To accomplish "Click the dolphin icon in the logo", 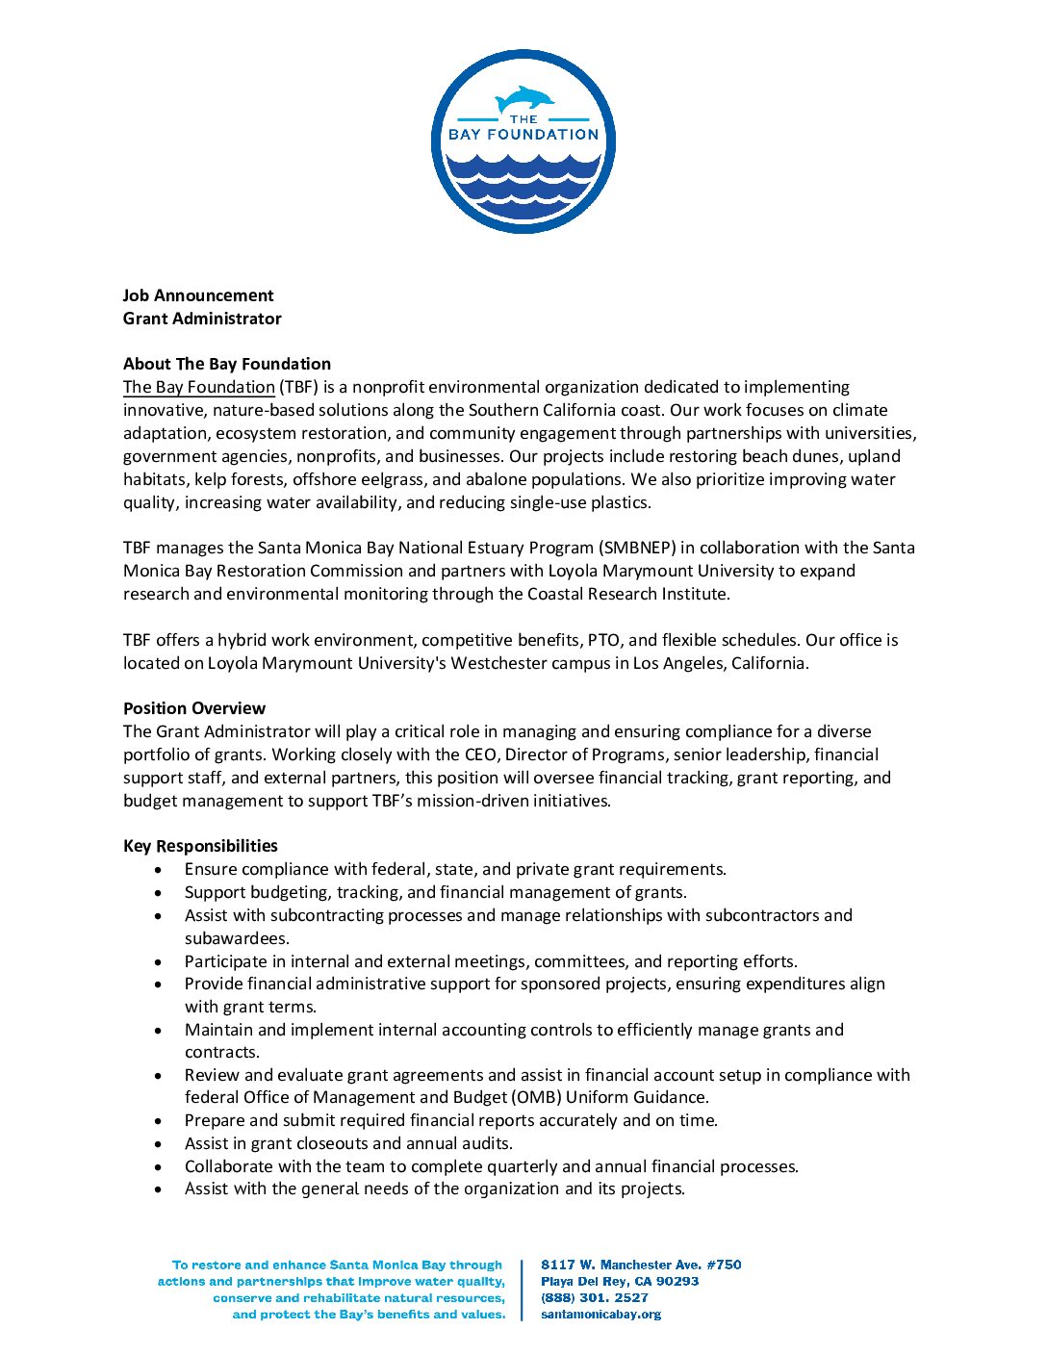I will click(x=524, y=99).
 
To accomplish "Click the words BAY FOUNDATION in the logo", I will click(x=523, y=135).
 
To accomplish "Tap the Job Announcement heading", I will click(x=198, y=295).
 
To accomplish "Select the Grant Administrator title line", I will click(x=202, y=319).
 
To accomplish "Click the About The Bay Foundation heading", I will click(x=227, y=364).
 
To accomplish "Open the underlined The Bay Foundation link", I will click(x=199, y=387).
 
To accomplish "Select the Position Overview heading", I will click(x=194, y=708).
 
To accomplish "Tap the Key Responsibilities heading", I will click(x=200, y=846).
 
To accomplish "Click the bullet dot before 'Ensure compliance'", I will click(x=159, y=870).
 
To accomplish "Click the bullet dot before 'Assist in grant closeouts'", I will click(x=159, y=1144).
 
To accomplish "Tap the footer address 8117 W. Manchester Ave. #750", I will click(x=641, y=1265).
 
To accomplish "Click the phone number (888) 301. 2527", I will click(x=595, y=1297).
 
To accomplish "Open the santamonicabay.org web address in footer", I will click(x=600, y=1314).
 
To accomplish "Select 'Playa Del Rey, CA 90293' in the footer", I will click(x=620, y=1281).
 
